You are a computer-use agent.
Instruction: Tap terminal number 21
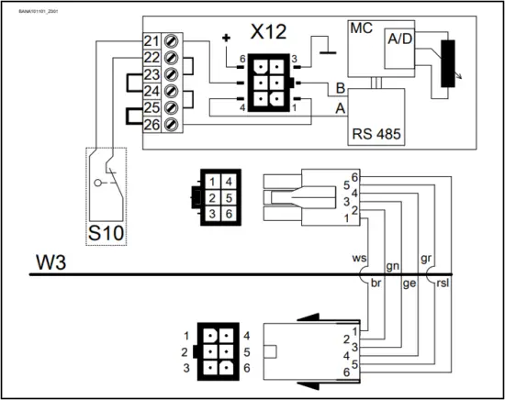(151, 40)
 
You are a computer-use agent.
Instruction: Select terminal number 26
(151, 124)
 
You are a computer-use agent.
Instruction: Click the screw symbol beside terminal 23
(169, 74)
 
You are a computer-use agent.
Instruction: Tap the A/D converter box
(400, 38)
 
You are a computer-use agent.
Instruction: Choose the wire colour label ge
(410, 284)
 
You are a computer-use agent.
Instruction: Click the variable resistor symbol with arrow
(448, 65)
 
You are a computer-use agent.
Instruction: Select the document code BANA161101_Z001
(30, 6)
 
